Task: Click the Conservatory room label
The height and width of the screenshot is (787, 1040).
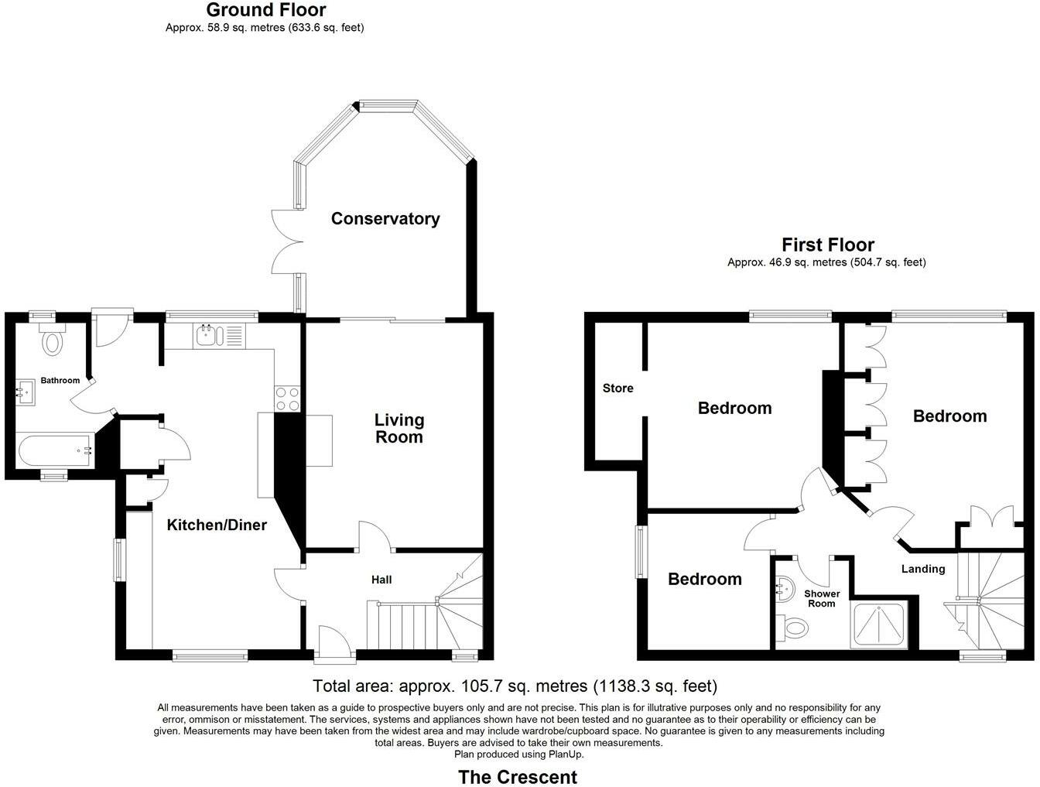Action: pyautogui.click(x=385, y=219)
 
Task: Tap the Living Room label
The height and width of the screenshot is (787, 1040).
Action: pyautogui.click(x=399, y=428)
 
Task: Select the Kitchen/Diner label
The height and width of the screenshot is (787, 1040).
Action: pyautogui.click(x=217, y=525)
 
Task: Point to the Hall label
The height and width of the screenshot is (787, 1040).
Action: pyautogui.click(x=381, y=580)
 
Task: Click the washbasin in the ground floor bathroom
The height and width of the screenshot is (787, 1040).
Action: pyautogui.click(x=24, y=392)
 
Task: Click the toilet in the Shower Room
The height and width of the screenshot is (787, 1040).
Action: pyautogui.click(x=793, y=626)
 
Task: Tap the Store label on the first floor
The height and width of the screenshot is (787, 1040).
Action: pyautogui.click(x=617, y=388)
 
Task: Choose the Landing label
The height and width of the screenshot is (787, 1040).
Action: pyautogui.click(x=923, y=569)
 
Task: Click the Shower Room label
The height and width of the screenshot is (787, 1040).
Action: pyautogui.click(x=822, y=598)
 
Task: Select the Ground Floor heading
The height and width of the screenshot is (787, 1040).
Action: pyautogui.click(x=265, y=10)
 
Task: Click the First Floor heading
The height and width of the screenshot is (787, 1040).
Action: pyautogui.click(x=827, y=245)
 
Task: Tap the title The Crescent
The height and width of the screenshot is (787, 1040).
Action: pyautogui.click(x=518, y=776)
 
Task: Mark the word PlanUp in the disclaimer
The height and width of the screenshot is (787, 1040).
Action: pyautogui.click(x=566, y=754)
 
